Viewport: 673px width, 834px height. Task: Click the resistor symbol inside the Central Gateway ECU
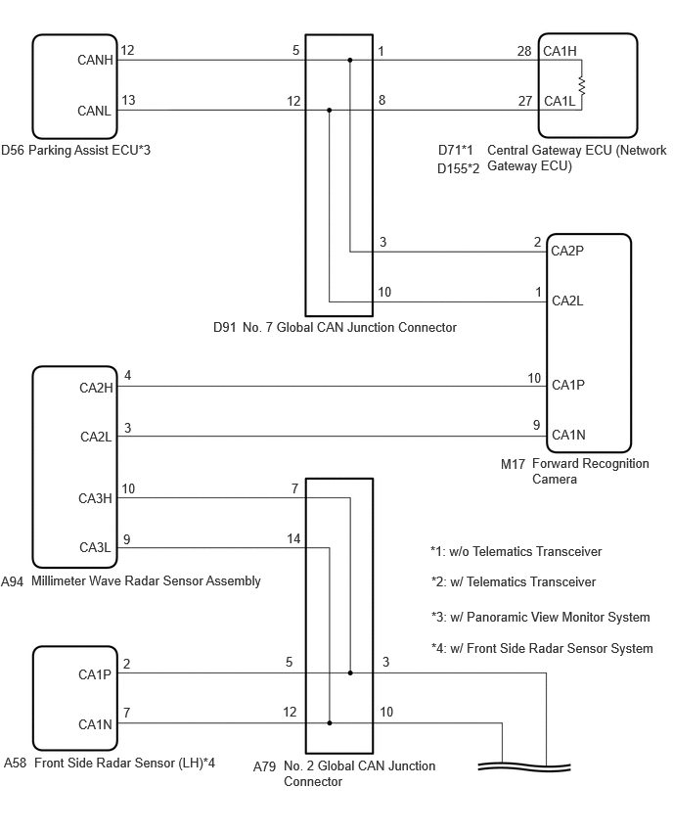pos(581,86)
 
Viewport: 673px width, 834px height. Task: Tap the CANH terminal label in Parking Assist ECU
pos(95,60)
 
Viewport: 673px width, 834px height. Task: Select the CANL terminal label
pos(94,111)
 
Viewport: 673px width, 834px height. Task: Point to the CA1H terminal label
pos(560,51)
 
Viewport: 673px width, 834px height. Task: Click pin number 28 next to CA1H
pos(524,51)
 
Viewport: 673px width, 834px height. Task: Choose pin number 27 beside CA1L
pos(525,101)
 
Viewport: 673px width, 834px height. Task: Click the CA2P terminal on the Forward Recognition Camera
pos(567,251)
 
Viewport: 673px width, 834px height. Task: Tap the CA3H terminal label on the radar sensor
pos(95,498)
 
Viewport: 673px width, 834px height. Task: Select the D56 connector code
pos(13,151)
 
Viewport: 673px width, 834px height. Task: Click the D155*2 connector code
pos(458,168)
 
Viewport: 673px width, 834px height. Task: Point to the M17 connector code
pos(513,464)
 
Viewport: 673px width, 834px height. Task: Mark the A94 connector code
pos(12,581)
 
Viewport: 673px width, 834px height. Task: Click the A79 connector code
pos(264,767)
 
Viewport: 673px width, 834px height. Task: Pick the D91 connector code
pos(224,328)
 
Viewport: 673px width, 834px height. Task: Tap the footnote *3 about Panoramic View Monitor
pos(541,617)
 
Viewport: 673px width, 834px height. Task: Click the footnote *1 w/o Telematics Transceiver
pos(516,551)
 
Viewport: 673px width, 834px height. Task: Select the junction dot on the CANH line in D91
pos(350,60)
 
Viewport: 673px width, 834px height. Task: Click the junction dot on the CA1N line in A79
pos(330,722)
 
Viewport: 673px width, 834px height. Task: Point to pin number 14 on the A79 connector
pos(293,538)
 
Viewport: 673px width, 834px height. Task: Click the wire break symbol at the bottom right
pos(524,767)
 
